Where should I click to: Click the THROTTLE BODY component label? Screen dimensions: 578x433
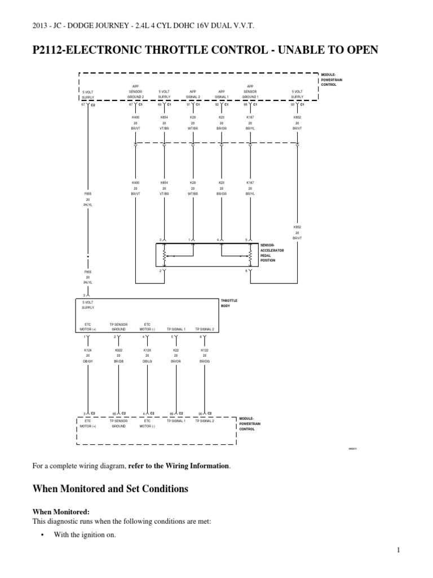pos(229,303)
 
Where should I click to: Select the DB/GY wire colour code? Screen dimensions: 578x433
pos(87,361)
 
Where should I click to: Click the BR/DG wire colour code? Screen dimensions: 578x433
pos(204,361)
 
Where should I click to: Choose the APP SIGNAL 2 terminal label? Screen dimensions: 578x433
pos(193,94)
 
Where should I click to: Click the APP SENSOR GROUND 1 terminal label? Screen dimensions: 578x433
pos(250,94)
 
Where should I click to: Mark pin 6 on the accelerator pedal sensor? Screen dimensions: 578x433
pos(246,272)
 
